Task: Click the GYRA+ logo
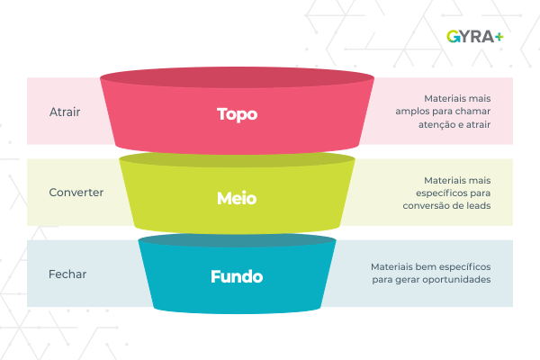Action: (475, 37)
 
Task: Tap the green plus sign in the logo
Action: (499, 36)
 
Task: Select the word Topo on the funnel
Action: (238, 114)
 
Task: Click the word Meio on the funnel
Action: (237, 198)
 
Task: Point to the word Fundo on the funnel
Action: (237, 276)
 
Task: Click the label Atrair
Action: (65, 112)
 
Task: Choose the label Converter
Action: (76, 193)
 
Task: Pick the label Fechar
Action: (67, 274)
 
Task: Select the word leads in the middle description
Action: (480, 206)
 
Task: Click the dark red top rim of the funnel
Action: (237, 77)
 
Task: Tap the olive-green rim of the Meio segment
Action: (237, 160)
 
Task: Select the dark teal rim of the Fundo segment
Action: (237, 241)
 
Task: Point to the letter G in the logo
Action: (454, 37)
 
